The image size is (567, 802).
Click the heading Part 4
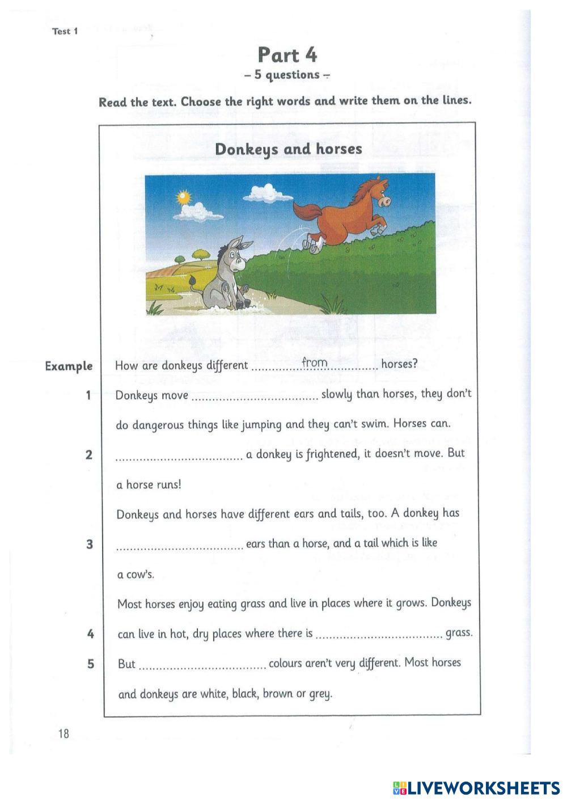(x=287, y=55)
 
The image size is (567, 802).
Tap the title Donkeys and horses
(x=288, y=149)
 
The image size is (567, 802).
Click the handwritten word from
(x=315, y=362)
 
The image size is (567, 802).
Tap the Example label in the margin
(x=69, y=366)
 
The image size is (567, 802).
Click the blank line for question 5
(x=202, y=668)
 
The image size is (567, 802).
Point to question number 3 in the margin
(x=89, y=544)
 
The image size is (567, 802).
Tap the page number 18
(x=63, y=734)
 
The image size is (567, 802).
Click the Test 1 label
(x=65, y=31)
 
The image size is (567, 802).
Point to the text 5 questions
(x=287, y=75)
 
